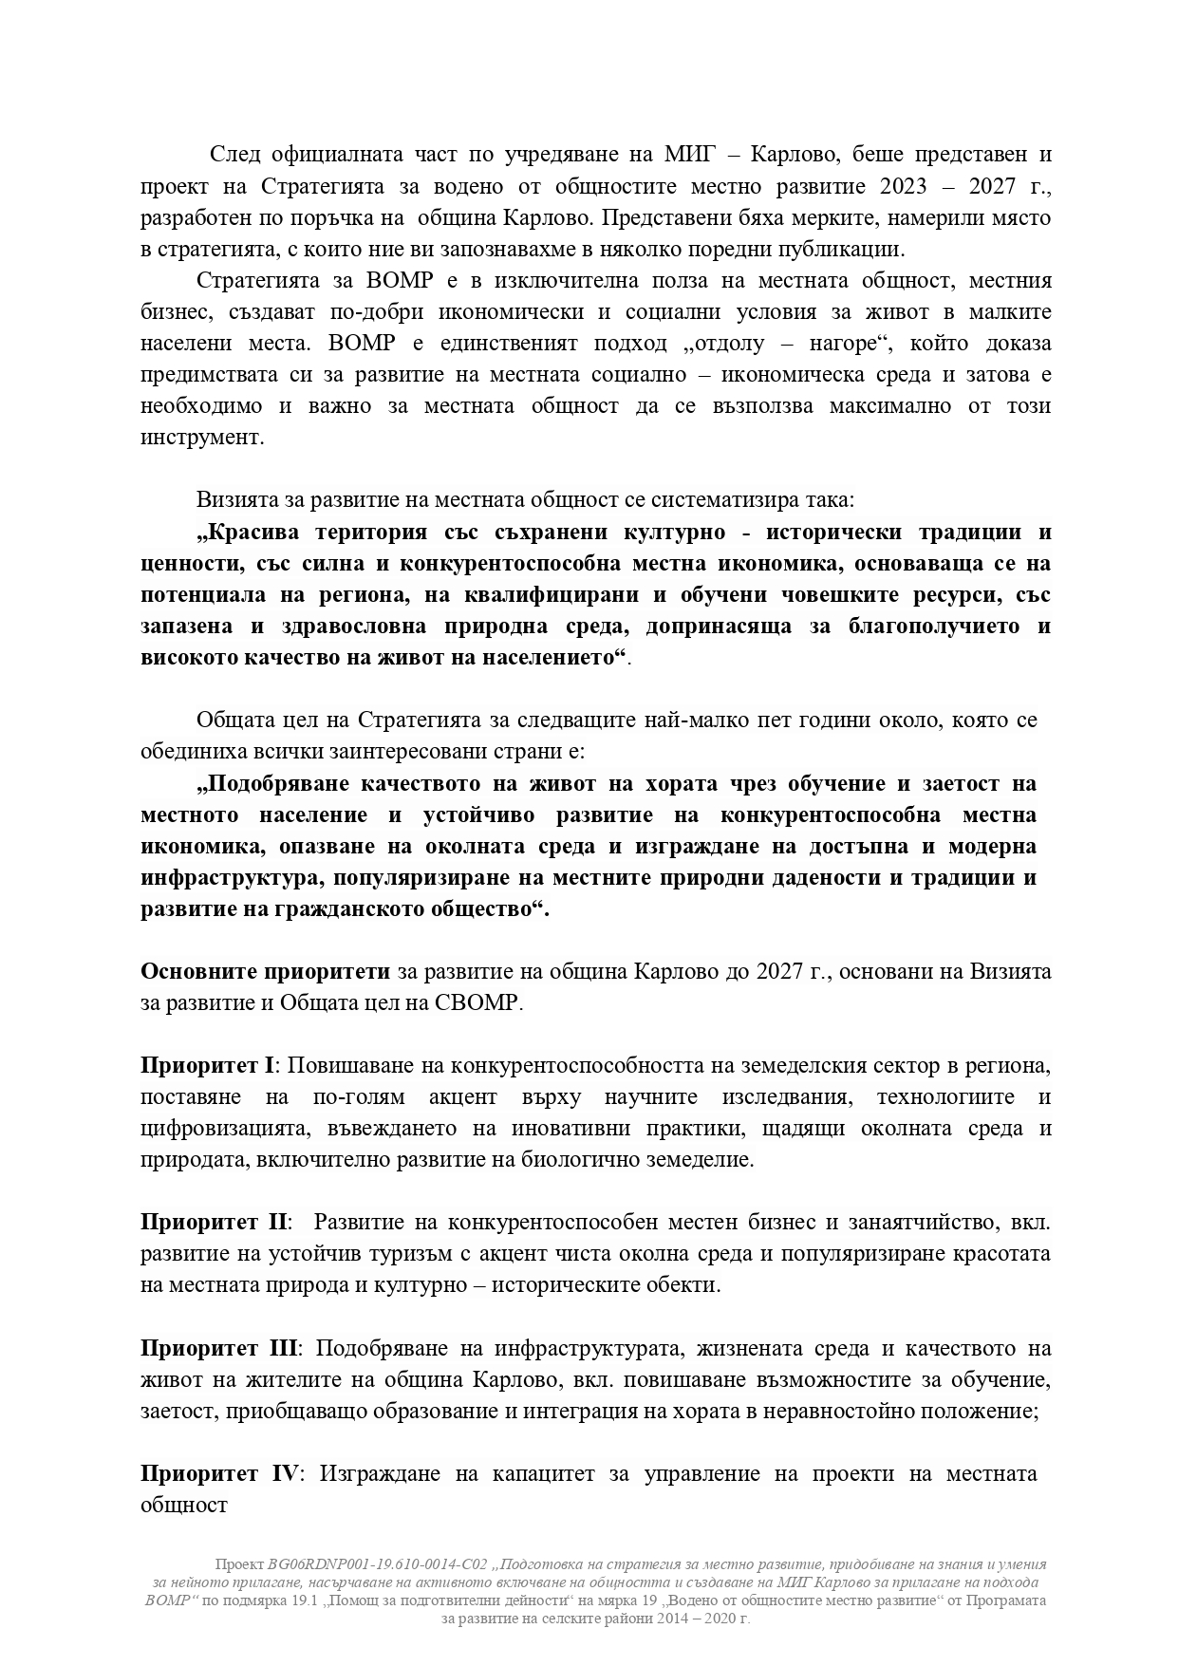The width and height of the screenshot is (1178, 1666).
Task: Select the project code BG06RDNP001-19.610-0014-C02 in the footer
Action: pos(378,1564)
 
